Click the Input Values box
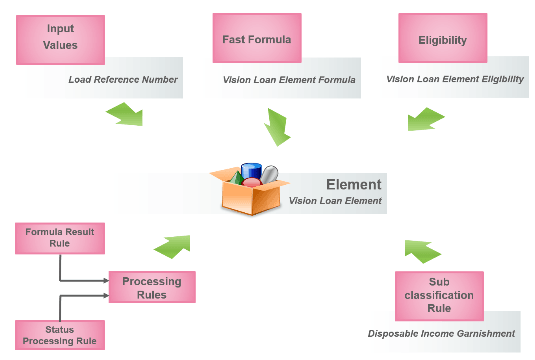pos(62,36)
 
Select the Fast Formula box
pos(257,36)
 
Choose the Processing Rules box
pos(151,288)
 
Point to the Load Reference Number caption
pos(122,78)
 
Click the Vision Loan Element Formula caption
pos(289,78)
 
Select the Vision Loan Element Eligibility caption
pos(455,78)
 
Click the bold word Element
pos(353,185)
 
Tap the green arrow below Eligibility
pos(425,121)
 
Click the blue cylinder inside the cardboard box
pos(251,171)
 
